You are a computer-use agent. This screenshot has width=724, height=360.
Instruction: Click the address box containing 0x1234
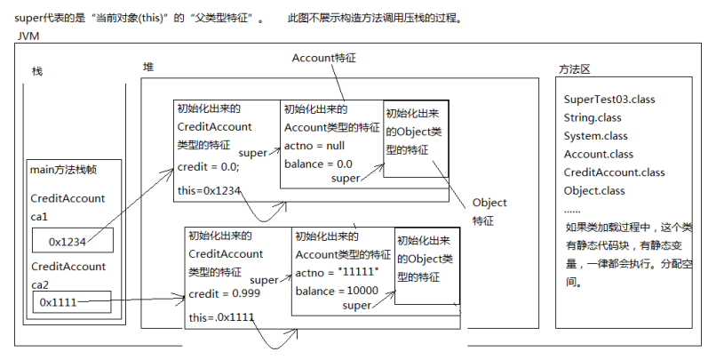point(73,240)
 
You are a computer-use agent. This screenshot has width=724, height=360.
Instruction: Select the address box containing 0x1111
point(72,301)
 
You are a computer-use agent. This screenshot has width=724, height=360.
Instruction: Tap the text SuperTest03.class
point(609,100)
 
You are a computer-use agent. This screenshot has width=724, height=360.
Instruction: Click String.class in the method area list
point(593,118)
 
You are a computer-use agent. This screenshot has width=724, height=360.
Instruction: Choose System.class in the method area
point(596,136)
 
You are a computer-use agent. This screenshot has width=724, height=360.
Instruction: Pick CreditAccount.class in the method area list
point(614,172)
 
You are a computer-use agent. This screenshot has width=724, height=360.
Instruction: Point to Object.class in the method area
point(593,191)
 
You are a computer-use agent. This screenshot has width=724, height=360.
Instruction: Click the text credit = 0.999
point(225,294)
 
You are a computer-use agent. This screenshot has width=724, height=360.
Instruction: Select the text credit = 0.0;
point(209,167)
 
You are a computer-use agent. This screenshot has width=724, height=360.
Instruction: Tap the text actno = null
point(314,146)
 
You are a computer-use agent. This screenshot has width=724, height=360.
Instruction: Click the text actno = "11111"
point(337,273)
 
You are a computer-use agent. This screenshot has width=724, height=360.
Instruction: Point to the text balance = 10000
point(337,292)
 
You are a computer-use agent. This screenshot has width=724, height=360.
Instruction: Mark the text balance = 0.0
point(318,164)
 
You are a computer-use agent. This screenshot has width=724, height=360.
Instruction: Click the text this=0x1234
point(209,190)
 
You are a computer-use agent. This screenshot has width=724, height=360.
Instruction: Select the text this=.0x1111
point(221,317)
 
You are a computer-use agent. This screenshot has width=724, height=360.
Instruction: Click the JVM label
point(28,36)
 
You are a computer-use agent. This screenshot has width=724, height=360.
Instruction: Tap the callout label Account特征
point(324,59)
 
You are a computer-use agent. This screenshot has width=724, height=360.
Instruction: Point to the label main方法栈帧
point(64,170)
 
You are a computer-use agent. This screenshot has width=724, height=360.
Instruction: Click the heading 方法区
point(575,70)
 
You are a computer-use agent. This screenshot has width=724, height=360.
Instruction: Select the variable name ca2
point(40,285)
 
